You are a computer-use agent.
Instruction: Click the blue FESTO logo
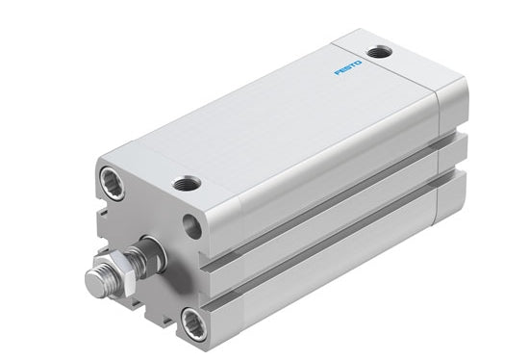[x=348, y=67]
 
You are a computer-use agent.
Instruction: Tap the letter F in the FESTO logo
[x=338, y=72]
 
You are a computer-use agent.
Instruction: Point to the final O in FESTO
[x=359, y=63]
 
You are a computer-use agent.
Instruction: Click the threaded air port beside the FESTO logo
[x=380, y=52]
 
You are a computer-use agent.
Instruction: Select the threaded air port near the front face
[x=187, y=184]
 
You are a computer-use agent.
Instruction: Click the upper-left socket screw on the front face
[x=113, y=183]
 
